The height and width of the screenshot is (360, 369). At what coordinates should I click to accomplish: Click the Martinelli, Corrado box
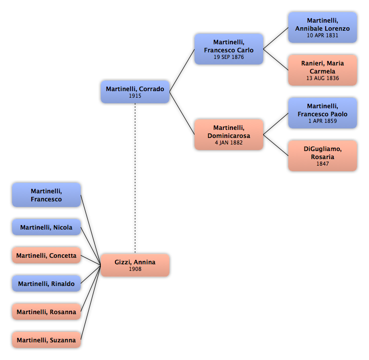135,92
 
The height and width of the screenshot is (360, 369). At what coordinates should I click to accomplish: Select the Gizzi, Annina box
135,265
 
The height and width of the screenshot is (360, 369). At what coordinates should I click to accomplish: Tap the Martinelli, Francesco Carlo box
229,49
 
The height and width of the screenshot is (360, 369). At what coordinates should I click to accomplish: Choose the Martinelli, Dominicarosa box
229,134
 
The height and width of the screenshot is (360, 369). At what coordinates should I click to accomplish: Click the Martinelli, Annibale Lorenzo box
323,28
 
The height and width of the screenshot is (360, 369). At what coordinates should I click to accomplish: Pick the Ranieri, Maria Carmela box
323,70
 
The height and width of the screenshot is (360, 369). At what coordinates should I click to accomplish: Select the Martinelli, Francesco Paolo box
323,113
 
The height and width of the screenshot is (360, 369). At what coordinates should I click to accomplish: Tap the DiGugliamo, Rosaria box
323,156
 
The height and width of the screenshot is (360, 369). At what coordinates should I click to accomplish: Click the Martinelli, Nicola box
46,227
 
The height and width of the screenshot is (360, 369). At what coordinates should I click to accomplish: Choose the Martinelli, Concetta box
46,255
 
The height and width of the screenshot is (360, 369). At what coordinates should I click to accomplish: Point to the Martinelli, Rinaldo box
46,283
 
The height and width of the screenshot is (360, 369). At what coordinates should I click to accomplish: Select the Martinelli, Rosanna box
46,312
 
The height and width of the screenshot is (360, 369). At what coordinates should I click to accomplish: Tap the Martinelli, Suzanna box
46,340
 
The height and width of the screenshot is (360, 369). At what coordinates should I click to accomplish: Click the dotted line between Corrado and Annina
135,178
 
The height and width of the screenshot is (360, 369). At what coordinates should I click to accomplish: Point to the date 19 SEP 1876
229,57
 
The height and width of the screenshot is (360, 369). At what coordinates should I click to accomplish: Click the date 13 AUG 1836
323,78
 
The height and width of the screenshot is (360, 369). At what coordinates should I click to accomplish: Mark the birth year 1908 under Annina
135,269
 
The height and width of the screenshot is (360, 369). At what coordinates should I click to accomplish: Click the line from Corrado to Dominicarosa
182,113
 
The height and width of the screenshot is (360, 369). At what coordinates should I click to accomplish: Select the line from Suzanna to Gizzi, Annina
91,303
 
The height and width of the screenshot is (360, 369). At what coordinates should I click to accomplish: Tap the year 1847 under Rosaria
323,164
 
